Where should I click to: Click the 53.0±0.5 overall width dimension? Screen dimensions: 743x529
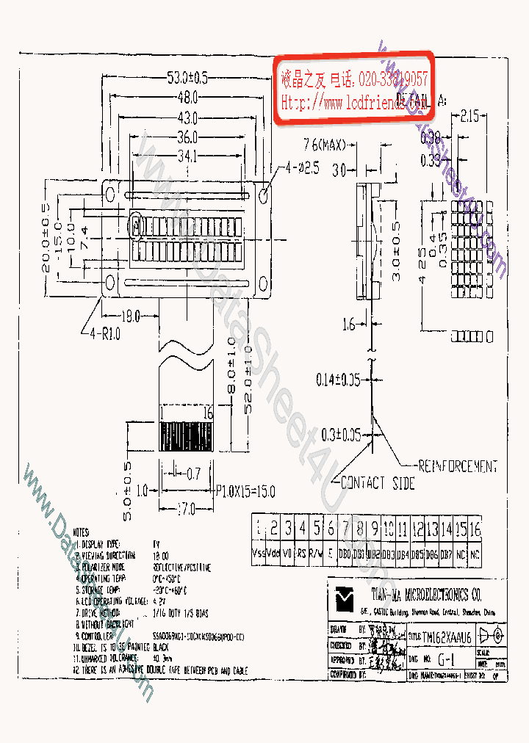[187, 76]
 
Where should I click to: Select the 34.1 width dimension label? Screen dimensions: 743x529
[187, 156]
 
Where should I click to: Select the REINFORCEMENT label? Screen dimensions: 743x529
[457, 466]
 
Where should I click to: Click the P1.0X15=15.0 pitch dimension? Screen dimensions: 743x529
[245, 491]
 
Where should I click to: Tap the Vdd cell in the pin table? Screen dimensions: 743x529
[273, 553]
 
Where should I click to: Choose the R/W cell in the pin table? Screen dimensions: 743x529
[316, 553]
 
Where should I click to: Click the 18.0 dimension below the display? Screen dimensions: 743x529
[129, 316]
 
